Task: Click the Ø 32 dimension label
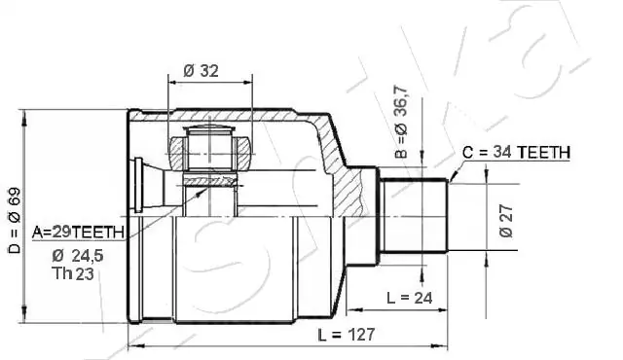point(202,71)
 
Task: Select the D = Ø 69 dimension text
point(15,221)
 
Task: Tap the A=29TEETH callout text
point(78,233)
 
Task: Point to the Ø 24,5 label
point(78,256)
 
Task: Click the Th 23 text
point(73,273)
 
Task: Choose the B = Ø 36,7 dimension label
point(402,121)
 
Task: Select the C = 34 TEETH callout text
point(517,152)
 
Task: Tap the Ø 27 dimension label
point(506,222)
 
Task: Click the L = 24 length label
point(409,298)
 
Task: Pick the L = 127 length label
point(347,335)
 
